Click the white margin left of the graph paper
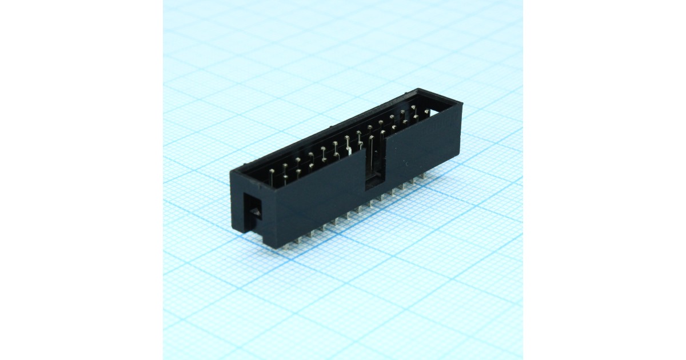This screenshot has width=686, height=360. pos(80,180)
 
